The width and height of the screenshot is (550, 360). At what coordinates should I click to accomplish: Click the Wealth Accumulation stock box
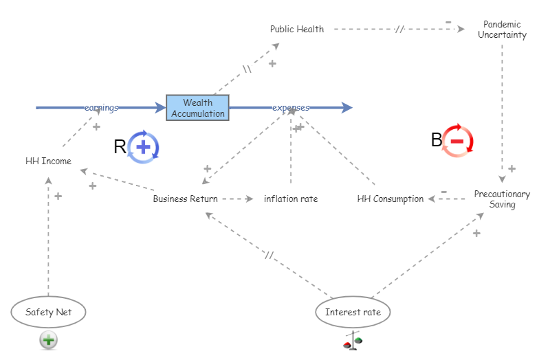click(197, 108)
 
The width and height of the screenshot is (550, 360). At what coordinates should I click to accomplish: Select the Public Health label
click(296, 29)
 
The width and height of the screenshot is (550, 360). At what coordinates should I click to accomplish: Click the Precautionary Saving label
click(502, 199)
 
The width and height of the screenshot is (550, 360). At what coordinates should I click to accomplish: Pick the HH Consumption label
click(390, 199)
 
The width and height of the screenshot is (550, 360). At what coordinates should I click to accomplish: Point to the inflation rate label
click(291, 199)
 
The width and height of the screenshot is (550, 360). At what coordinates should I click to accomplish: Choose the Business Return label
click(185, 199)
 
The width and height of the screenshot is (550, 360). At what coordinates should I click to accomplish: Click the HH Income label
click(48, 161)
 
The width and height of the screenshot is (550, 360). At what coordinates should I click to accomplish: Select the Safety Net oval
click(49, 312)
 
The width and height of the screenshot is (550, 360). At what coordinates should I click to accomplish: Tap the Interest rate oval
click(353, 312)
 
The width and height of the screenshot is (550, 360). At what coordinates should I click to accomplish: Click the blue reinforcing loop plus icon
click(144, 146)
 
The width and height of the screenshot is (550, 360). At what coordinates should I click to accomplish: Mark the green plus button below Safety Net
click(48, 339)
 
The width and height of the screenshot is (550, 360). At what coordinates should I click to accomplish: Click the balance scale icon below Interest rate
click(353, 341)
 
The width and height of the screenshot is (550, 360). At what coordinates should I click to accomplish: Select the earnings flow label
click(102, 108)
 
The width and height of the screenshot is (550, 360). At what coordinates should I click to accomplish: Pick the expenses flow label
click(291, 108)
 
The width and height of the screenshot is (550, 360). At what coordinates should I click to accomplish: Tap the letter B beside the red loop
click(437, 141)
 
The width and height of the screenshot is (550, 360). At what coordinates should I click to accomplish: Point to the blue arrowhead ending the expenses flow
click(346, 108)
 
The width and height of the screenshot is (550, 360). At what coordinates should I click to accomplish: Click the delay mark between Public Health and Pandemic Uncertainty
click(399, 30)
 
